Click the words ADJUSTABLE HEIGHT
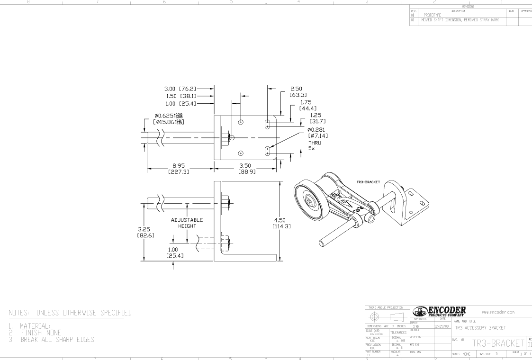[x=187, y=223]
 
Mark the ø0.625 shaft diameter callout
[x=169, y=118]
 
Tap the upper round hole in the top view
[x=241, y=122]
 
